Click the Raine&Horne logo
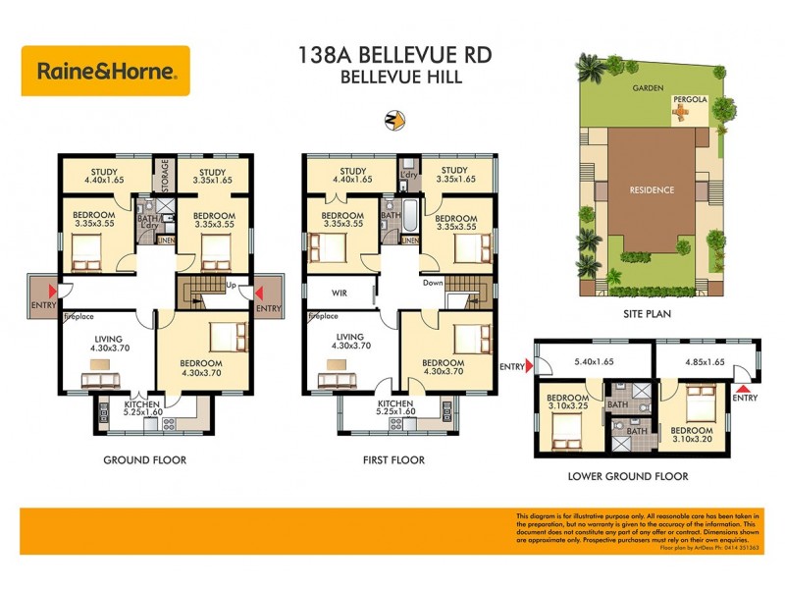[106, 71]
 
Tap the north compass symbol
[392, 121]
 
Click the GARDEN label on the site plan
[648, 87]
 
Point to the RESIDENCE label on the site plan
[652, 189]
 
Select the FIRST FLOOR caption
[392, 459]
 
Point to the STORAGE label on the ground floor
[166, 177]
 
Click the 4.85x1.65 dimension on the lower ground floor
[706, 361]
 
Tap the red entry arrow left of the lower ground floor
[530, 367]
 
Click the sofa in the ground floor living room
[100, 379]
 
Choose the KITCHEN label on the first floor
[394, 404]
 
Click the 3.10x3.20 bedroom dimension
[692, 440]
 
